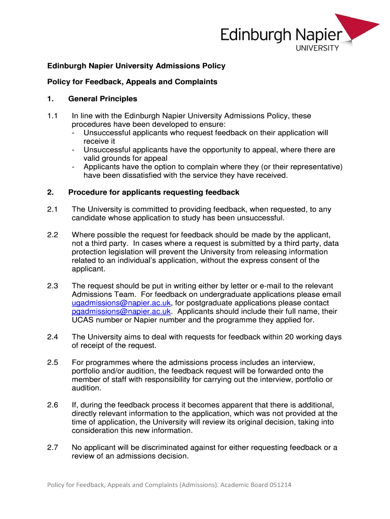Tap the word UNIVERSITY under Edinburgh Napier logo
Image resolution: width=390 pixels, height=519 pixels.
coord(317,48)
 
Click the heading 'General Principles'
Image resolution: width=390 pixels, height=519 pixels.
coord(103,99)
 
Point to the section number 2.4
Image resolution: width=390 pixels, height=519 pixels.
coord(53,337)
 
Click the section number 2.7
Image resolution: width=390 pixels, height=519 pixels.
coord(53,448)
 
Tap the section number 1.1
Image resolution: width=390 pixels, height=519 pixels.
coord(53,116)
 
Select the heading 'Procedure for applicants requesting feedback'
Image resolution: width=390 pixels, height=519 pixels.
coord(154,193)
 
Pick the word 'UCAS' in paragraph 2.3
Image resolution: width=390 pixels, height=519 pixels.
coord(83,320)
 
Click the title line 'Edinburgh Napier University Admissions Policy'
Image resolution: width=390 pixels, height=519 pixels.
coord(136,66)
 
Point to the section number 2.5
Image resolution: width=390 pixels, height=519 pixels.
coord(53,362)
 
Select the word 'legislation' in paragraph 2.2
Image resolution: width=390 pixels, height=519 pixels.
coord(122,252)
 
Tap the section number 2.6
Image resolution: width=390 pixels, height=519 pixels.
coord(53,405)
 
